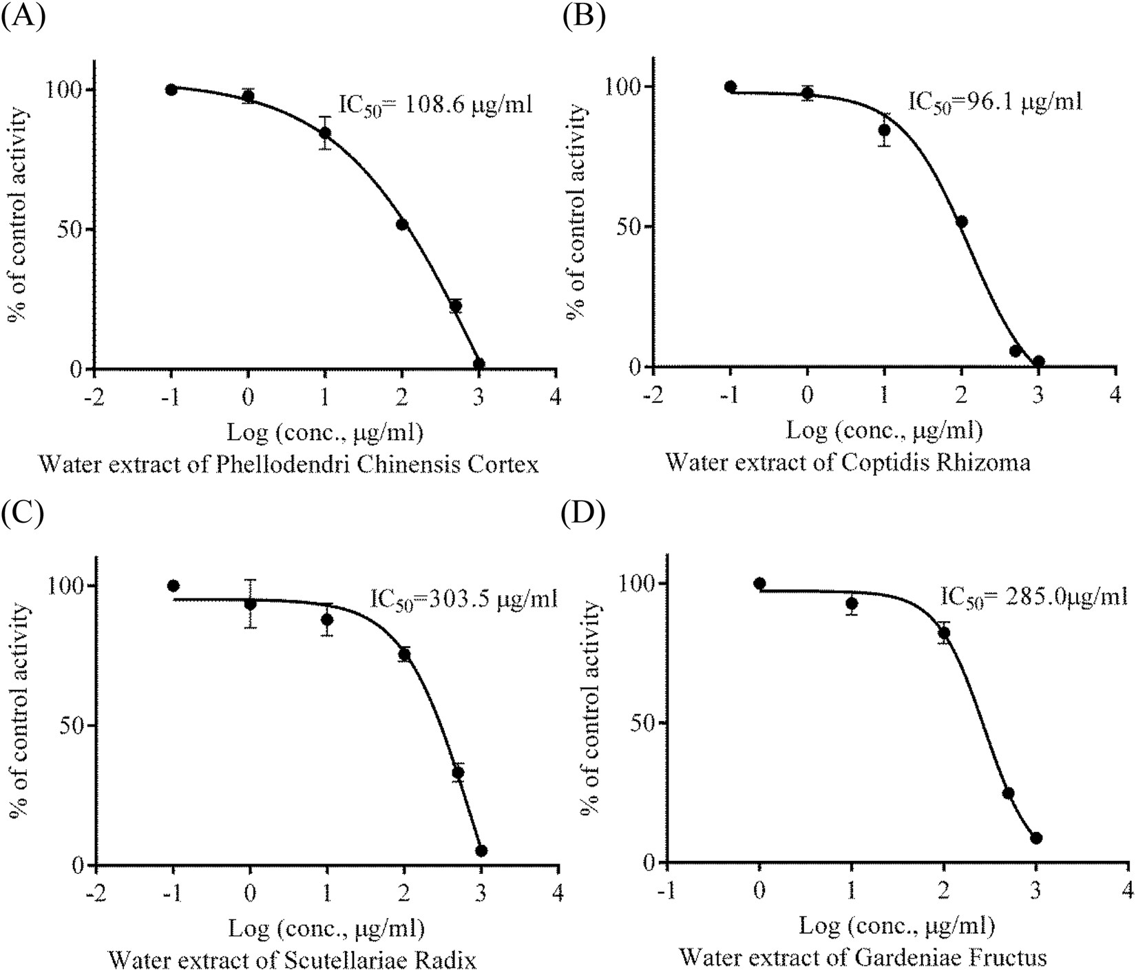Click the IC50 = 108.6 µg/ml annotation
pyautogui.click(x=436, y=105)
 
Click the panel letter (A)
pyautogui.click(x=23, y=15)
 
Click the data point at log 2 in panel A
pyautogui.click(x=402, y=225)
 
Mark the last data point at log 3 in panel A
pyautogui.click(x=479, y=364)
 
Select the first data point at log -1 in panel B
pyautogui.click(x=730, y=87)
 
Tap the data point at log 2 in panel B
pyautogui.click(x=962, y=222)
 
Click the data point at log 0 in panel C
pyautogui.click(x=251, y=604)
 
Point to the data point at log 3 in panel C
pyautogui.click(x=481, y=850)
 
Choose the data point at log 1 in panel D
pyautogui.click(x=852, y=604)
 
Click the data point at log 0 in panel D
pyautogui.click(x=759, y=583)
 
